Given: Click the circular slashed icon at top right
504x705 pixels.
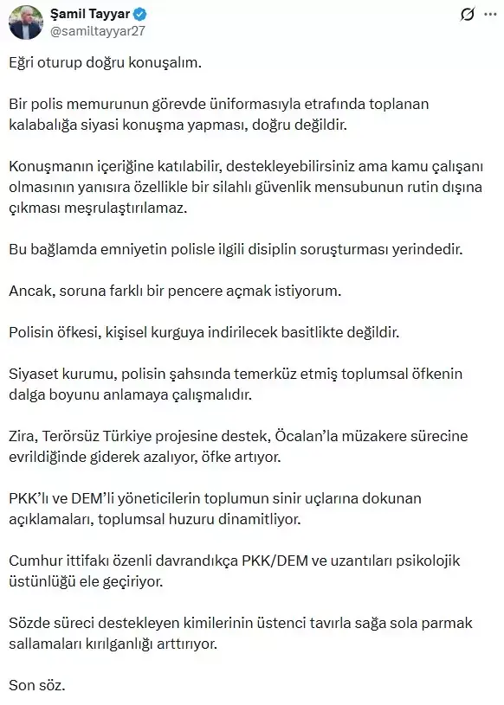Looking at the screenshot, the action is [467, 15].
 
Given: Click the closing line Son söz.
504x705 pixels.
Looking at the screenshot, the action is [36, 687].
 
